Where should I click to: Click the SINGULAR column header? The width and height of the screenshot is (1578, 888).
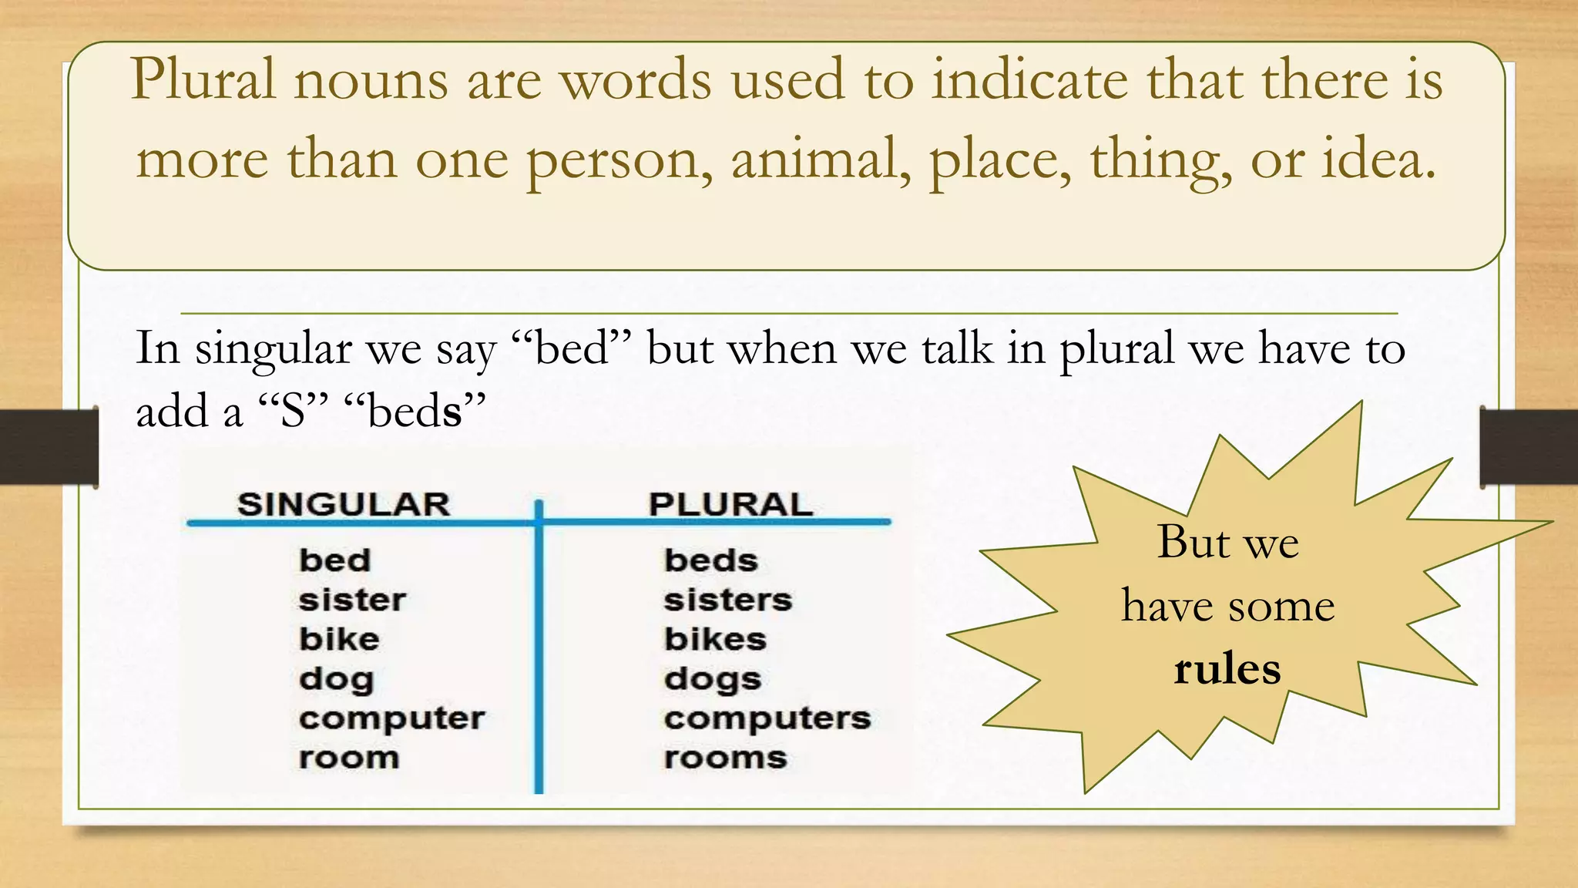point(344,505)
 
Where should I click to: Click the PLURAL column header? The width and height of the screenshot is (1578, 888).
point(730,505)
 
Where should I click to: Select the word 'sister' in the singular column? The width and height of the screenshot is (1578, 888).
point(352,600)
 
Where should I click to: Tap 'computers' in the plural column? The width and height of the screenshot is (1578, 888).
point(767,718)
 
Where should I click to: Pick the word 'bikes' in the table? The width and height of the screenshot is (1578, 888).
point(715,639)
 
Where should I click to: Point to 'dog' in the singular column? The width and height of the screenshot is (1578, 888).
point(337,680)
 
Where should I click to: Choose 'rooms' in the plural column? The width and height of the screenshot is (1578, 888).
point(725,758)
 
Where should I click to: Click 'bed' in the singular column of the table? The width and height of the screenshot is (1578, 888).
point(335,560)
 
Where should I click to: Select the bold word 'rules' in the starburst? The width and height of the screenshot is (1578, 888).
point(1227,669)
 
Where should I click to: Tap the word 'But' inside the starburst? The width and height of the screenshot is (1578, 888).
point(1193,542)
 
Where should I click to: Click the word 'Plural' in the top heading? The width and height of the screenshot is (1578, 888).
point(203,79)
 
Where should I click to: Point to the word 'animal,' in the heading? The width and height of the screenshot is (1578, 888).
point(821,159)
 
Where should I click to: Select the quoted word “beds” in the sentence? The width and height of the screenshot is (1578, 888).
point(415,411)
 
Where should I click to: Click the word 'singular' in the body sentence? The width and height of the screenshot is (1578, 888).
point(274,349)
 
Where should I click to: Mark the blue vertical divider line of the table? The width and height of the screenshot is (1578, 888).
point(539,655)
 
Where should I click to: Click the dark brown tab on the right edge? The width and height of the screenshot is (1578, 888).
point(1529,447)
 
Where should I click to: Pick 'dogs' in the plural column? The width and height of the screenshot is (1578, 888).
point(713,680)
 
